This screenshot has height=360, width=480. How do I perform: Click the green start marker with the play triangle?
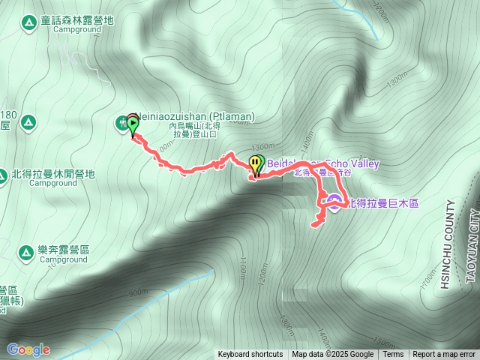pyautogui.click(x=133, y=125)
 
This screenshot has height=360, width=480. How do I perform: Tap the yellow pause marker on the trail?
pyautogui.click(x=256, y=163)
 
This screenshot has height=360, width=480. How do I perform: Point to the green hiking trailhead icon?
pyautogui.click(x=121, y=123)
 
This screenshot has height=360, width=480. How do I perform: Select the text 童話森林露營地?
pyautogui.click(x=78, y=19)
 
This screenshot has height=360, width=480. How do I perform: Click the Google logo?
pyautogui.click(x=28, y=349)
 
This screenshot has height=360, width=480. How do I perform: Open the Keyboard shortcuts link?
pyautogui.click(x=250, y=355)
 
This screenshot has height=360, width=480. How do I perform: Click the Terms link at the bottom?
pyautogui.click(x=393, y=355)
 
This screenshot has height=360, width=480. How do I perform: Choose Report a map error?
pyautogui.click(x=444, y=355)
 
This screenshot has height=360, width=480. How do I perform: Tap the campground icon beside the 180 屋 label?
pyautogui.click(x=28, y=121)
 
